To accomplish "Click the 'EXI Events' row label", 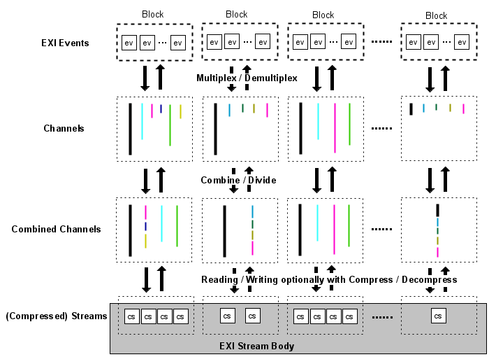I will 65,43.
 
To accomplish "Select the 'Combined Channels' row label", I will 56,229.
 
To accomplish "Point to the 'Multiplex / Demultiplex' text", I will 247,78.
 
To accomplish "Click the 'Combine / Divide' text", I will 238,180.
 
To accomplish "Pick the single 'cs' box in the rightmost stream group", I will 438,316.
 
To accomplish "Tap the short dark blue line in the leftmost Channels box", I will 161,108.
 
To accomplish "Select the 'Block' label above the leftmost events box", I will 153,15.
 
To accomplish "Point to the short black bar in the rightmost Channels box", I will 411,109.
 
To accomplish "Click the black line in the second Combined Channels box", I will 224,230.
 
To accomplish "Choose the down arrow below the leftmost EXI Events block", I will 145,78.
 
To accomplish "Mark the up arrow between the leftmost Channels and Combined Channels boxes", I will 161,180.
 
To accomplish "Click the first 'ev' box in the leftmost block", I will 129,43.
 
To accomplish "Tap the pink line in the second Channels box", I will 267,110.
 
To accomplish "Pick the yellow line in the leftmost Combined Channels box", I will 145,241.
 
